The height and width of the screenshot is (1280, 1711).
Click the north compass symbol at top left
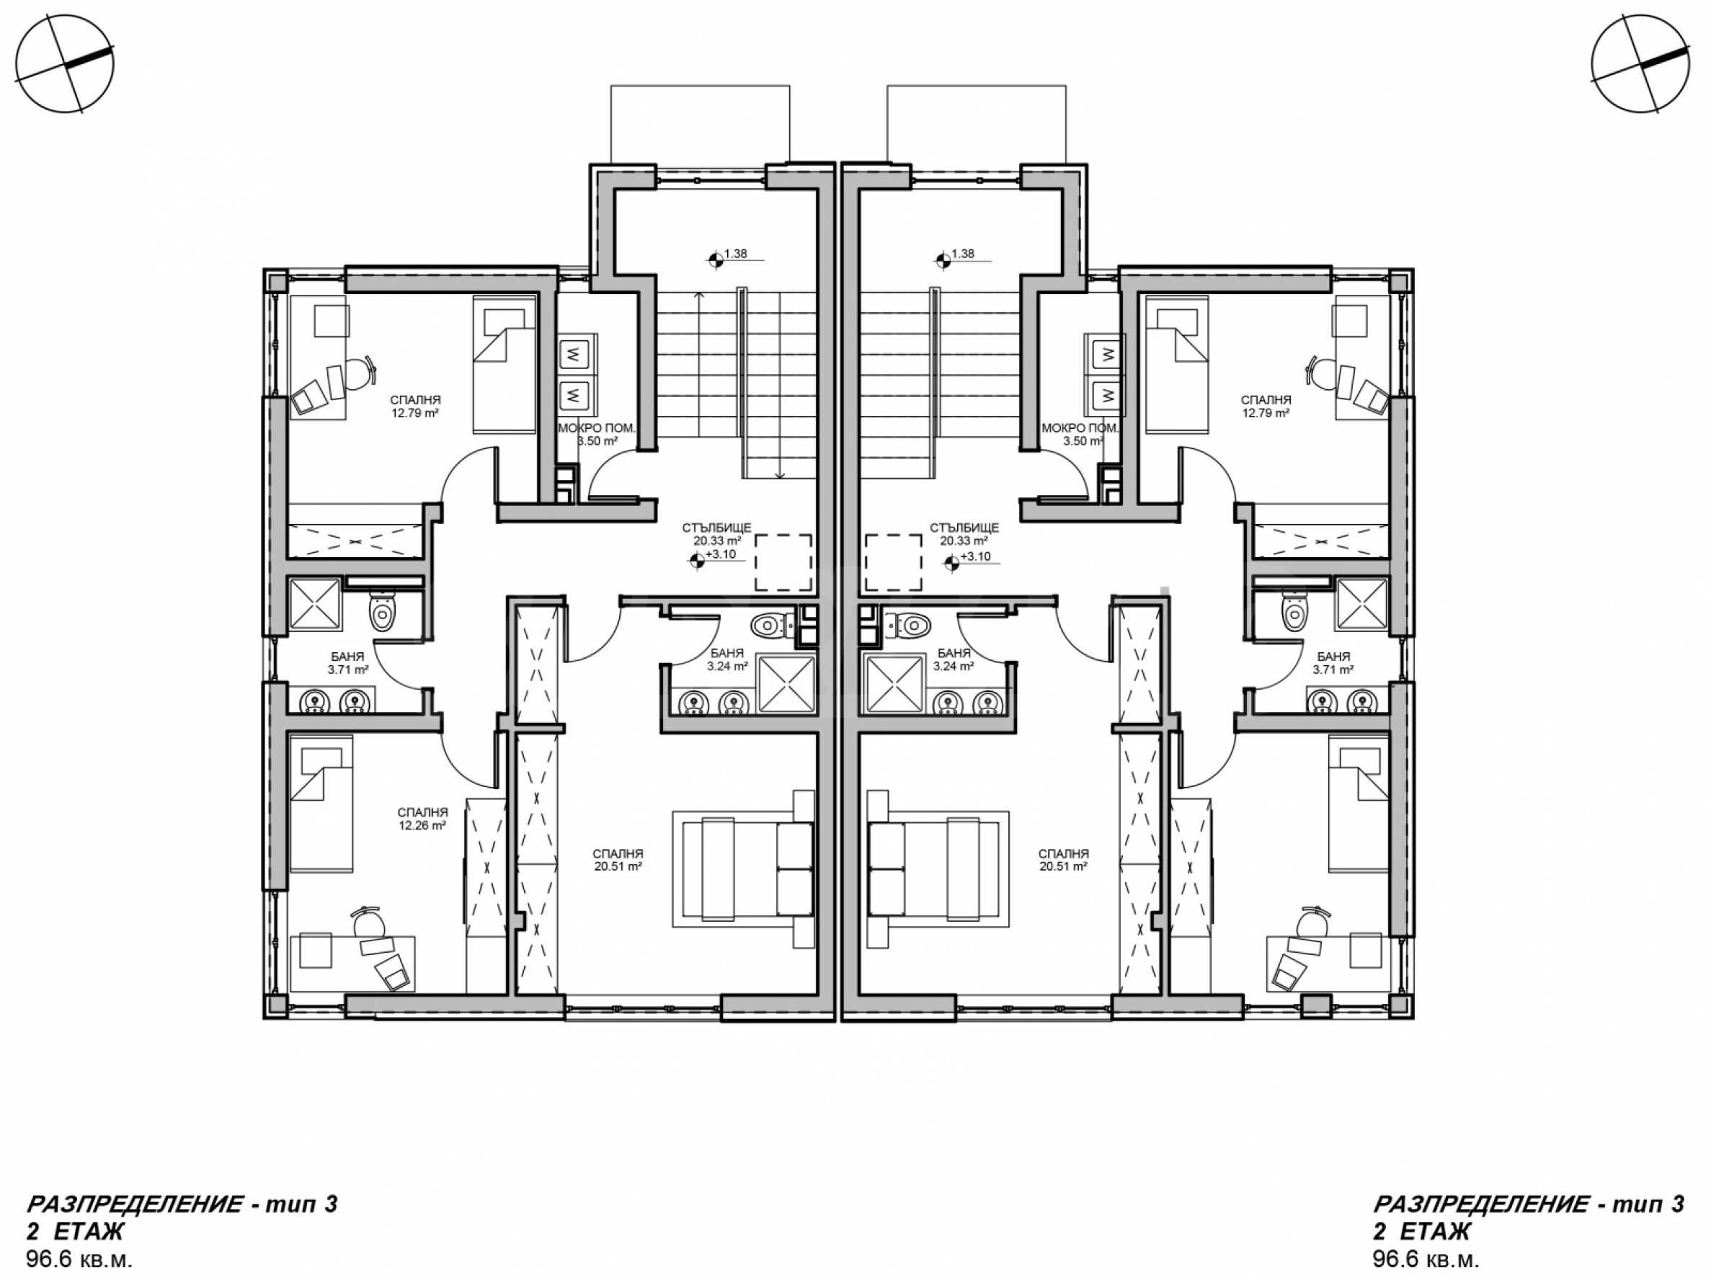[65, 65]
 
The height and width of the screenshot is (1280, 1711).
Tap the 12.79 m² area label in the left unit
[414, 413]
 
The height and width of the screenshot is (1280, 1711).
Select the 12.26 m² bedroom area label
[422, 826]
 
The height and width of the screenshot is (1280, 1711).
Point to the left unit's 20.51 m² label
[619, 867]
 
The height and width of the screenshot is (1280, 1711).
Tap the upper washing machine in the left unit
[574, 355]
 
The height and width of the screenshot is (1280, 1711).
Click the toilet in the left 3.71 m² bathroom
[382, 612]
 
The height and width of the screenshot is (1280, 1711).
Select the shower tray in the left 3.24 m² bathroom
[786, 684]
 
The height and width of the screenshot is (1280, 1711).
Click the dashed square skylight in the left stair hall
[783, 562]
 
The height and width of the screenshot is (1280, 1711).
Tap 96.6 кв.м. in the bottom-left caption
[80, 1259]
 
